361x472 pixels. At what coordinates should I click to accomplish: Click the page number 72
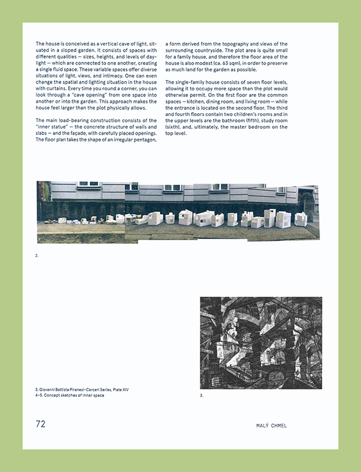[x=40, y=424]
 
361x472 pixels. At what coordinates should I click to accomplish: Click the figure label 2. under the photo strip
[x=37, y=256]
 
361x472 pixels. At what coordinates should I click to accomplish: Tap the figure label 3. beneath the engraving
[x=202, y=396]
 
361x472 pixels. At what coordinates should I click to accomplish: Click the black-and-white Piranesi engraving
[x=261, y=343]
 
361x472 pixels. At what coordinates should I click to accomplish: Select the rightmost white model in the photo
[x=300, y=219]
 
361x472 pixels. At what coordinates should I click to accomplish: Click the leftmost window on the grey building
[x=88, y=184]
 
